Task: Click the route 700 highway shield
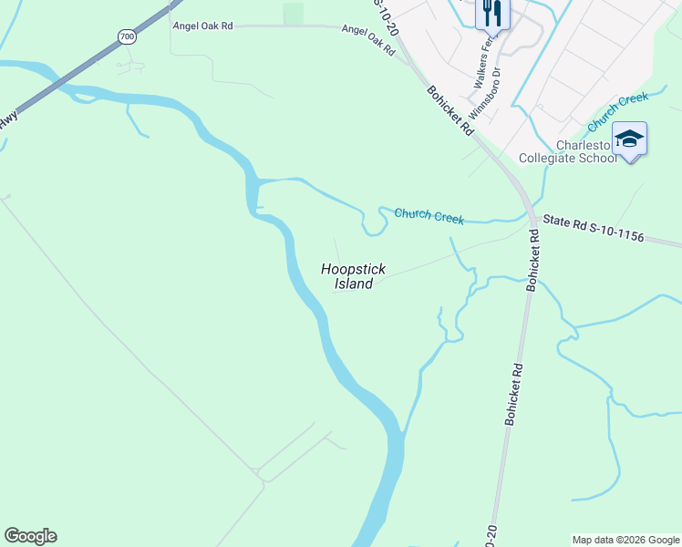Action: (126, 36)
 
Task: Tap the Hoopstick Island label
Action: (353, 276)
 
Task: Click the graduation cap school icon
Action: (629, 139)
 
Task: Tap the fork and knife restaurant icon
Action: (492, 13)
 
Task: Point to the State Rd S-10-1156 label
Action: (594, 229)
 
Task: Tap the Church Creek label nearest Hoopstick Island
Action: (429, 216)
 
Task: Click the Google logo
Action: (30, 536)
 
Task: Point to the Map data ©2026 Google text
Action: (625, 540)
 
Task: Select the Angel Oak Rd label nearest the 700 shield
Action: (202, 26)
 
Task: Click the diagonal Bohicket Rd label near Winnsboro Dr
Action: (450, 110)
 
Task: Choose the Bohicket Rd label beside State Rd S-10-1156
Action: (533, 260)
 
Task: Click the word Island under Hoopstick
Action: (353, 284)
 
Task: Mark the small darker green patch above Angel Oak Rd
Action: (293, 14)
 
